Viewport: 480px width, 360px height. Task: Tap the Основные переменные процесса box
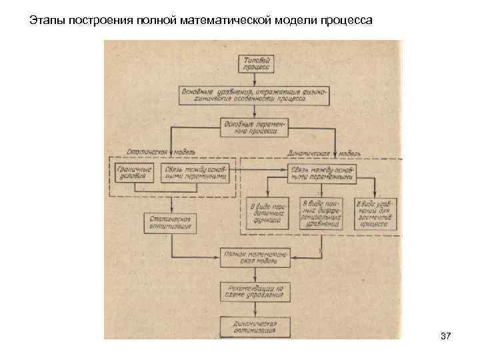pyautogui.click(x=253, y=126)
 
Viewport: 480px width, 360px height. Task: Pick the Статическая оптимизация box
pyautogui.click(x=171, y=222)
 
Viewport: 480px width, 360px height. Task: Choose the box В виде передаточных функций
pyautogui.click(x=268, y=214)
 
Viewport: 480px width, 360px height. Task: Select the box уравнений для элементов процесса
pyautogui.click(x=375, y=214)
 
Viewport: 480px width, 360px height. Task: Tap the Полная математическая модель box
pyautogui.click(x=255, y=257)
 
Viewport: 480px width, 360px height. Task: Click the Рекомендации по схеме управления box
pyautogui.click(x=255, y=291)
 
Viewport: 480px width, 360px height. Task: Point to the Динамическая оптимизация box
pyautogui.click(x=255, y=327)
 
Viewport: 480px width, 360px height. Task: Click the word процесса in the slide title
pyautogui.click(x=349, y=21)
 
